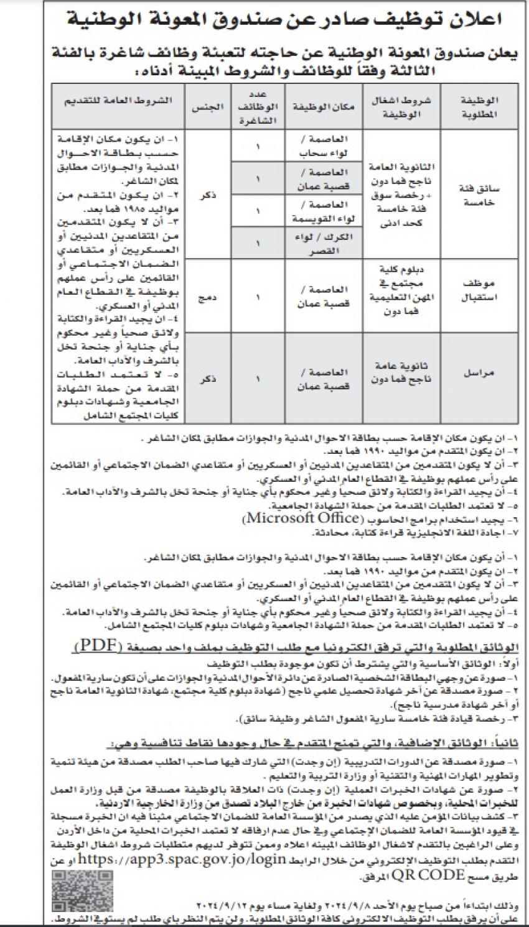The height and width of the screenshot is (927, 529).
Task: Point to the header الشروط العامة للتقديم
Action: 118,101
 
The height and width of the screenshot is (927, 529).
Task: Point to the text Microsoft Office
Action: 301,517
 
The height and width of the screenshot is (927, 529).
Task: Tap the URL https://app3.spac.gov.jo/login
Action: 200,860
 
